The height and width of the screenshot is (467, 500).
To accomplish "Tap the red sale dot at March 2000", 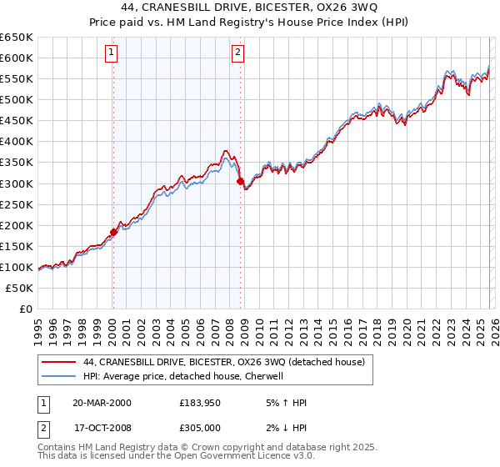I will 113,232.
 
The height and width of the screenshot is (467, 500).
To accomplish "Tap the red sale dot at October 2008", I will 240,181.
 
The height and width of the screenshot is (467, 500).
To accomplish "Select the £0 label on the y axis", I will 26,309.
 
